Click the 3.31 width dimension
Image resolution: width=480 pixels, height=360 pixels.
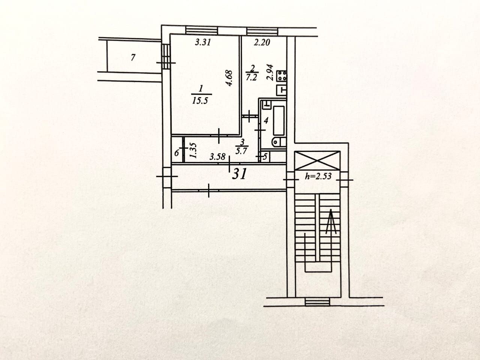(203, 43)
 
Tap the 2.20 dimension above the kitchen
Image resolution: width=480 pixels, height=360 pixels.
(262, 43)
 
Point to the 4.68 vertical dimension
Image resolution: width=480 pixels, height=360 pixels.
(230, 78)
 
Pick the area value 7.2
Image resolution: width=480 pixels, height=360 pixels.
(252, 78)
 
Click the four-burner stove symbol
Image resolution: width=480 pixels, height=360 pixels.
(282, 76)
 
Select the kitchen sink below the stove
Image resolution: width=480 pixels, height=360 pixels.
(282, 90)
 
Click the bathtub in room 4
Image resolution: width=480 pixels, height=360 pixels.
(279, 121)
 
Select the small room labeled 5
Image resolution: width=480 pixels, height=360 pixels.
(264, 157)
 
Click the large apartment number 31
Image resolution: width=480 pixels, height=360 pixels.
(239, 174)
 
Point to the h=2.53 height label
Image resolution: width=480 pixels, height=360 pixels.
(318, 176)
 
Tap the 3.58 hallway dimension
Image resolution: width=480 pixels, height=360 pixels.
(217, 157)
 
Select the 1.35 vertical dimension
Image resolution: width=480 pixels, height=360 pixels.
(193, 150)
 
